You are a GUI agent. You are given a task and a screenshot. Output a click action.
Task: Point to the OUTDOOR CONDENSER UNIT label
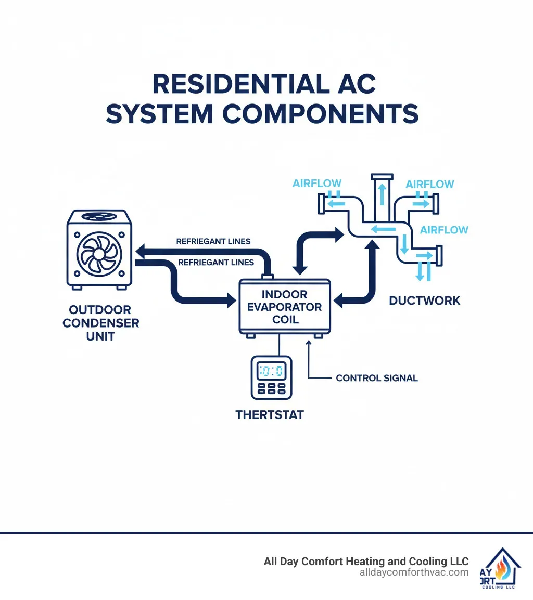pos(101,322)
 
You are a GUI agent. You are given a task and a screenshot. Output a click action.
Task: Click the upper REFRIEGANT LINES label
pos(213,241)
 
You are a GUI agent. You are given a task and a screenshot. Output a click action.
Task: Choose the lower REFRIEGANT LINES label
pos(215,263)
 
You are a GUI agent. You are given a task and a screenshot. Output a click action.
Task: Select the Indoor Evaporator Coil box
pos(284,307)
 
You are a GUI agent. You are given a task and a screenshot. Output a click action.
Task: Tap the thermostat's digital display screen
pos(271,371)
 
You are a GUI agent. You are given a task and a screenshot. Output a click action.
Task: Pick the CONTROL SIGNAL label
pos(376,378)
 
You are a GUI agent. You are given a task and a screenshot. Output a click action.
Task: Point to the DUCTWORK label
pos(424,301)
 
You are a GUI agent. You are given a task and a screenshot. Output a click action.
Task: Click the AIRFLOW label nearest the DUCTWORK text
pos(444,230)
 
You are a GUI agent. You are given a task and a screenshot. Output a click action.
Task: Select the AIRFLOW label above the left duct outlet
pos(317,183)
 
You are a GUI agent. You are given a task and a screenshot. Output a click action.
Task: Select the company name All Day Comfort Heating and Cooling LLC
pos(366,562)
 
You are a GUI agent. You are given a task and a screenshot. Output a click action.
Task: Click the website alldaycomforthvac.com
pos(414,572)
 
